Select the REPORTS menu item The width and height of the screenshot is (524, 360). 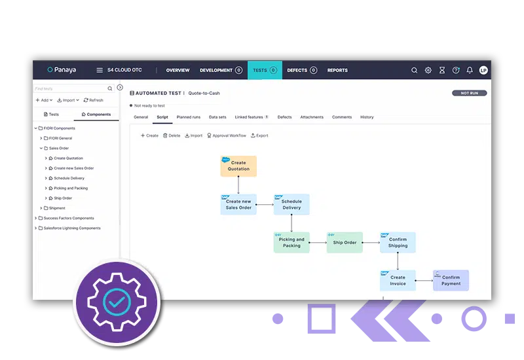point(337,70)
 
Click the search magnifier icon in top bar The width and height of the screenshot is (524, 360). point(414,70)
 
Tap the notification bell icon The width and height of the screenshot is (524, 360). point(470,70)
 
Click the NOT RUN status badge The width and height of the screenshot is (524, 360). point(469,93)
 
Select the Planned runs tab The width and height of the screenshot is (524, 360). point(189,117)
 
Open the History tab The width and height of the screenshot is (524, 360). point(367,117)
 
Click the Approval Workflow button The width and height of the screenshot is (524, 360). point(227,135)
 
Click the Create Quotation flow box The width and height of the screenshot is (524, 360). point(238,166)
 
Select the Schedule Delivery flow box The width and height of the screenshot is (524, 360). point(291,205)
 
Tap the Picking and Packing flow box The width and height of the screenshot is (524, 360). point(291,243)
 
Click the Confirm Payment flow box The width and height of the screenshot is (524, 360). point(451,281)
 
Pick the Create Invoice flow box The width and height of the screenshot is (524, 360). point(398,281)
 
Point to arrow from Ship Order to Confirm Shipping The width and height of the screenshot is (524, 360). point(371,243)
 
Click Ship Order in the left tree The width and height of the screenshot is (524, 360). point(63,198)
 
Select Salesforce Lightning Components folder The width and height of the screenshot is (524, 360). point(72,228)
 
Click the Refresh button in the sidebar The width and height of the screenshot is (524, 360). point(93,100)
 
